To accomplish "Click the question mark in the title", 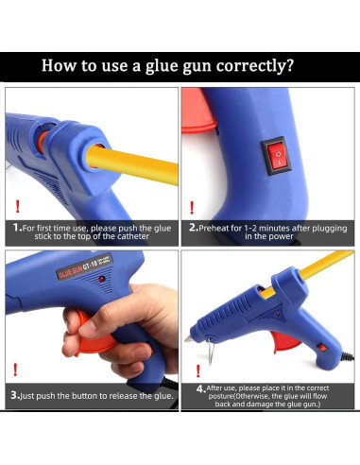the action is pos(289,65).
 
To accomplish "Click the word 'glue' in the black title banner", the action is pos(162,67).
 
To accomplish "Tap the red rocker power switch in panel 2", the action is pos(275,156).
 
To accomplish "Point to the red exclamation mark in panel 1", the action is pos(18,206).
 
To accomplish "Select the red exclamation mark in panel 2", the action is pos(192,208).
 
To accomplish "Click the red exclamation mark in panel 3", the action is pos(15,370).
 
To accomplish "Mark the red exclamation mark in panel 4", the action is pos(197,370).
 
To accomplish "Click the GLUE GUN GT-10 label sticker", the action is pos(84,267).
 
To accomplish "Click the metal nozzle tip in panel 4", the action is pos(188,338).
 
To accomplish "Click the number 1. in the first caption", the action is pos(17,228).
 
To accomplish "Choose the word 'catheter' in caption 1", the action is pos(133,236).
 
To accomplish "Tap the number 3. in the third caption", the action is pos(15,395).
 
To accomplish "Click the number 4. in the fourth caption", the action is pos(201,389).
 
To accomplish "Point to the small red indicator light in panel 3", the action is pos(101,279).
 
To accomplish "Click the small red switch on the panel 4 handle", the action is pos(322,348).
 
